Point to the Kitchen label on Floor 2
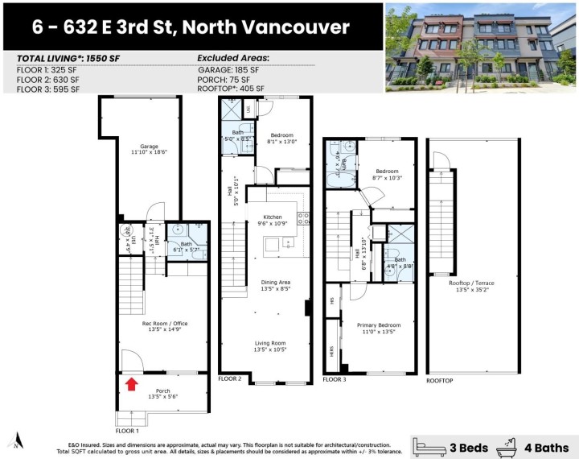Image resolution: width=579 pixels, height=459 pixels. point(273,218)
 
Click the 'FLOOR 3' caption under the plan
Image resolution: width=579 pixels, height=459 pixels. point(335,378)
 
